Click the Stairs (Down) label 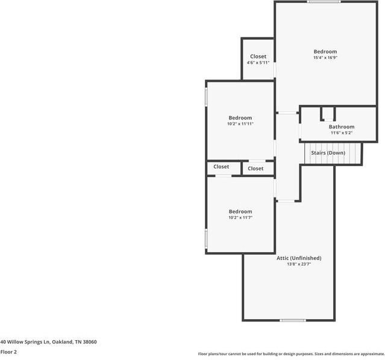[328, 153]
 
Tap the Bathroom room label [341, 127]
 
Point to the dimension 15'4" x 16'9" [325, 58]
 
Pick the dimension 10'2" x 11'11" [240, 124]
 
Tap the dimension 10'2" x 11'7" [240, 218]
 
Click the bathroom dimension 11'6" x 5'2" [341, 134]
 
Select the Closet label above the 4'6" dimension [258, 57]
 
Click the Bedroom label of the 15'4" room [325, 52]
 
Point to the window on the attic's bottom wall [293, 320]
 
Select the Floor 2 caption [8, 352]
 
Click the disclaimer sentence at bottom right [291, 354]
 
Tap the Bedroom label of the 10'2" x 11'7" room [240, 211]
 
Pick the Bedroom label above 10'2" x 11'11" [240, 117]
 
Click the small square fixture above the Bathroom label [327, 113]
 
